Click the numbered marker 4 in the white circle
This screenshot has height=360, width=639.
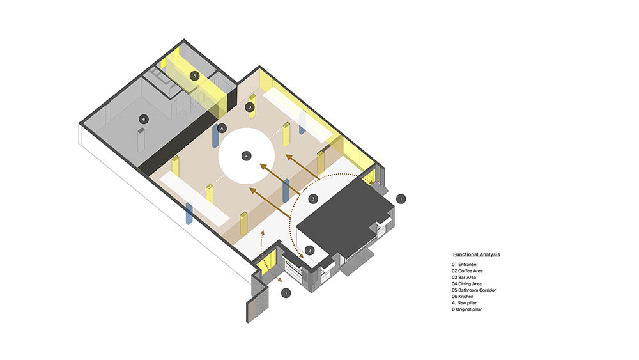246,156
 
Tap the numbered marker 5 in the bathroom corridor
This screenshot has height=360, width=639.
195,76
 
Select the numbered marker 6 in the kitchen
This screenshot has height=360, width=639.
143,119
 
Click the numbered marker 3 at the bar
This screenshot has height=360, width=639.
313,199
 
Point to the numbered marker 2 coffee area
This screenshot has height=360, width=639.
309,250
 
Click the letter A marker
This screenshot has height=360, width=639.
222,129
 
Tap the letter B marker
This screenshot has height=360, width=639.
250,107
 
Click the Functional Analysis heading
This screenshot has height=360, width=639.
477,254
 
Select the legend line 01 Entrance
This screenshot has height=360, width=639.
464,265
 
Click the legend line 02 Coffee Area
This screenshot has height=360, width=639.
467,271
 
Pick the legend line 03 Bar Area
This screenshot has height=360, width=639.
464,278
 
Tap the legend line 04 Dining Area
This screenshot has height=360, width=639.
466,284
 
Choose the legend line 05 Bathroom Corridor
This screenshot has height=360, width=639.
474,290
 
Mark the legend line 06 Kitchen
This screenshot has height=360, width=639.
463,297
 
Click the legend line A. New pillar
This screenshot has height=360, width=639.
464,303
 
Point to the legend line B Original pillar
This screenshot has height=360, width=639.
466,309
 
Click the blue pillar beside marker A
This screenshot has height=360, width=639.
215,136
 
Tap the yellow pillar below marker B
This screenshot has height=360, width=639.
252,106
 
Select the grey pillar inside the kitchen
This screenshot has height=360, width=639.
141,140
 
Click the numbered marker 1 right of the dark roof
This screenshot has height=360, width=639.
401,199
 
